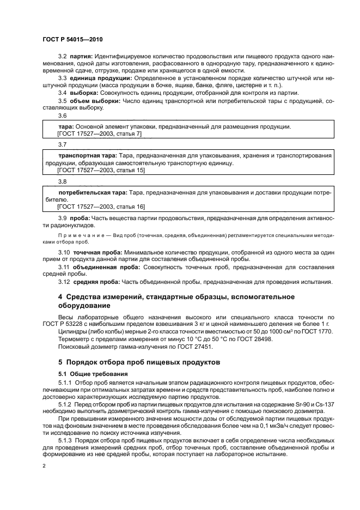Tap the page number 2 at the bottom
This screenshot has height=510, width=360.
[44, 466]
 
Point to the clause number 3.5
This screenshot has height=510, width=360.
[62, 101]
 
